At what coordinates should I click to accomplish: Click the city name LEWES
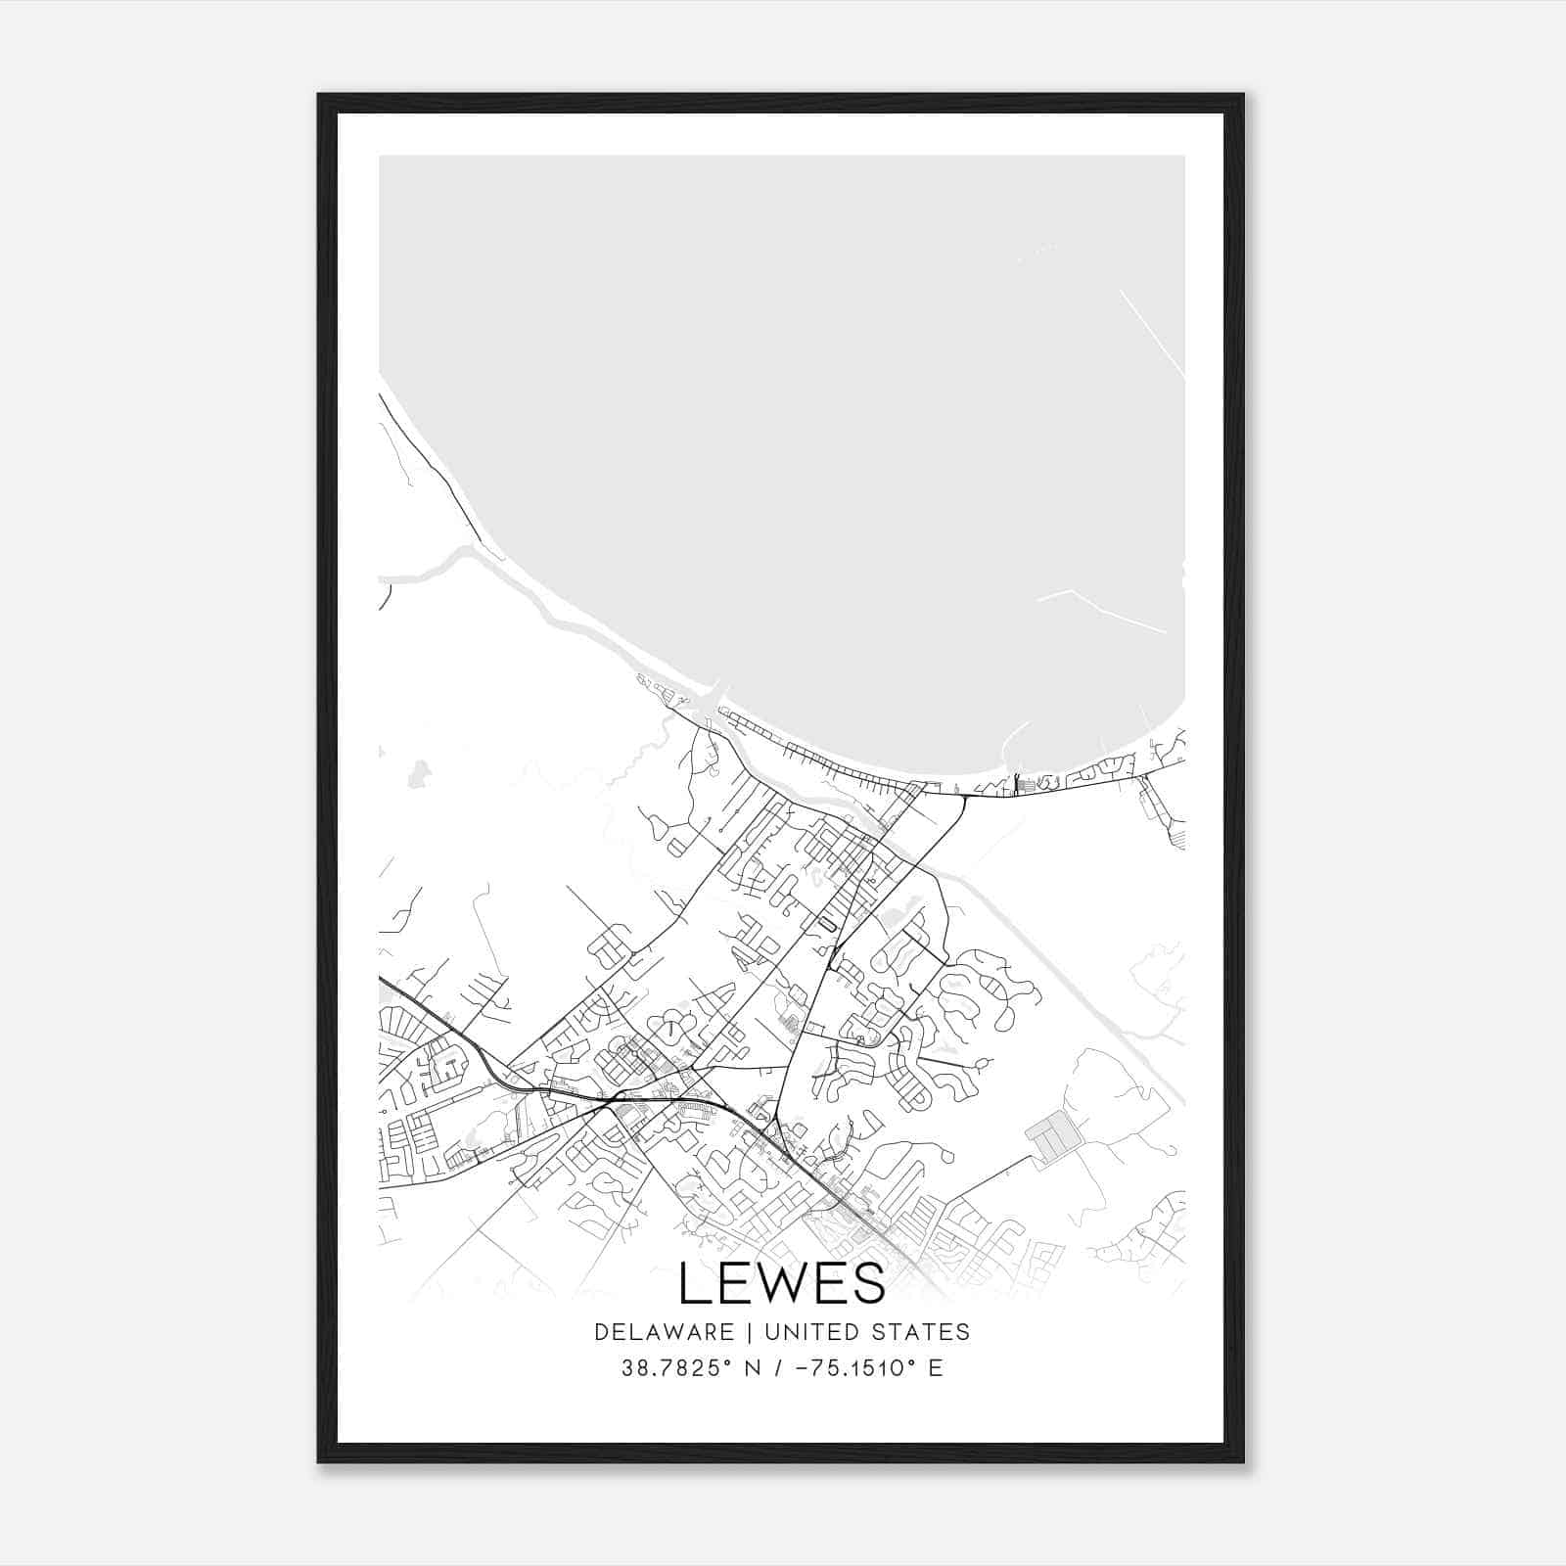pyautogui.click(x=781, y=1283)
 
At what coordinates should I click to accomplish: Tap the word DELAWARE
pyautogui.click(x=664, y=1332)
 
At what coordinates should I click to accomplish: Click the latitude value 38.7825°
pyautogui.click(x=676, y=1368)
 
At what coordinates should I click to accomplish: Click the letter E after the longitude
pyautogui.click(x=936, y=1368)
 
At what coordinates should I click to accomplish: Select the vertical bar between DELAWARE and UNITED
pyautogui.click(x=750, y=1332)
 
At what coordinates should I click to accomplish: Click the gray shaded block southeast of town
pyautogui.click(x=1052, y=1136)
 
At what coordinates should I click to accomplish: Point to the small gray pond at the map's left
pyautogui.click(x=419, y=772)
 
